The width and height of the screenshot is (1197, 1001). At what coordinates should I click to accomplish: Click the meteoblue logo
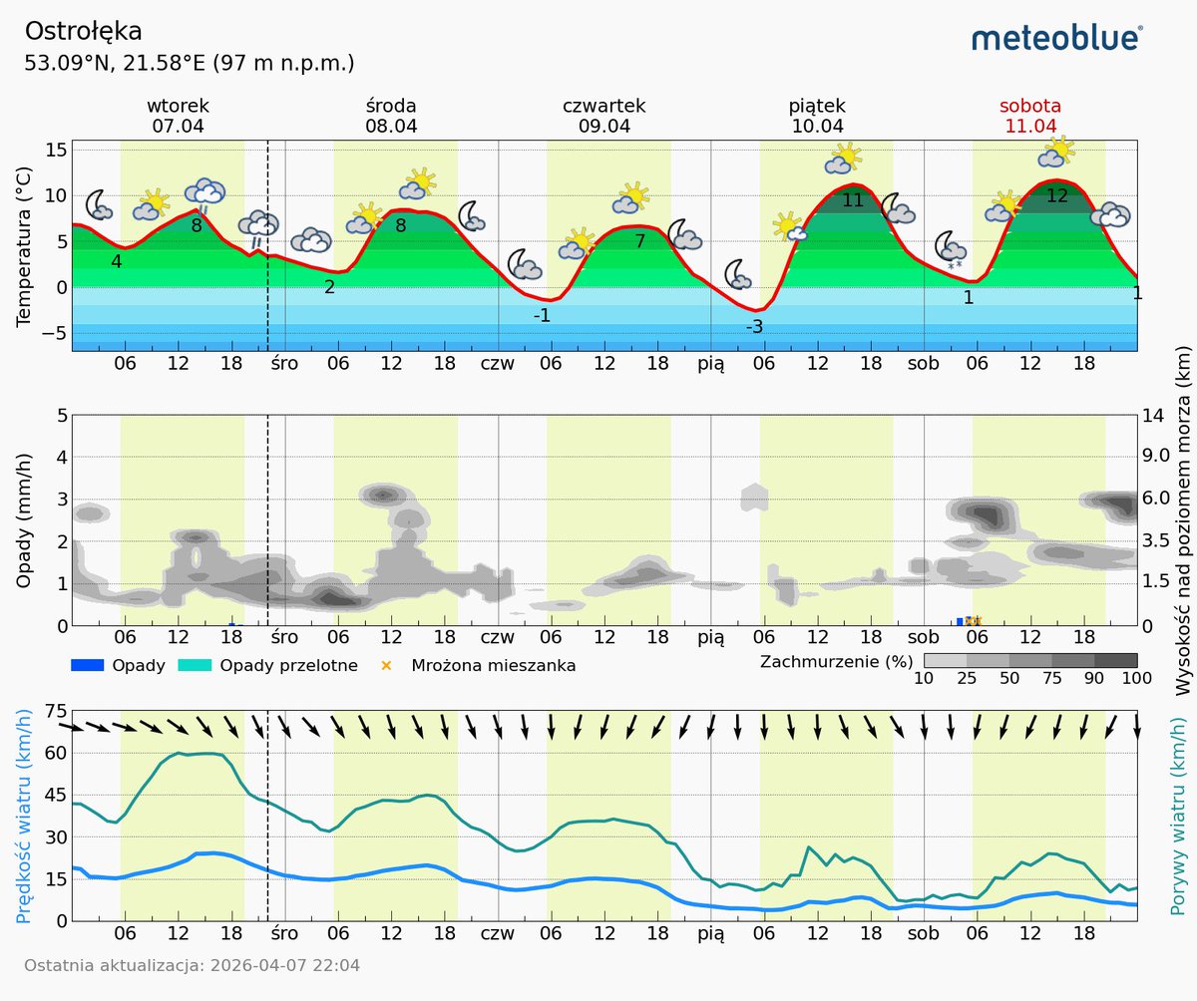1057,38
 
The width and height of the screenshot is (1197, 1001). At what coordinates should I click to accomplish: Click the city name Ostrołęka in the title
84,32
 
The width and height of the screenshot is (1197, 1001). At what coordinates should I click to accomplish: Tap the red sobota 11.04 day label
1030,116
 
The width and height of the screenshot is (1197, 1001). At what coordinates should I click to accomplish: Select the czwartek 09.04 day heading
604,116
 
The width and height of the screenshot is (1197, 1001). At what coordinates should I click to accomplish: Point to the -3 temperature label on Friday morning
754,327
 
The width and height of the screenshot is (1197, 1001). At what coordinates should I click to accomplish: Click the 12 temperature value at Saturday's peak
1056,196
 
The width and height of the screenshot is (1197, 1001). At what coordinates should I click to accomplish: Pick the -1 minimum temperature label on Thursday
542,315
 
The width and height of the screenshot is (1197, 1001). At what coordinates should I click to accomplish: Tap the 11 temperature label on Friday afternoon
853,200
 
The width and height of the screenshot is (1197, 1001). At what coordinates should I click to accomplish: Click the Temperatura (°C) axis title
25,246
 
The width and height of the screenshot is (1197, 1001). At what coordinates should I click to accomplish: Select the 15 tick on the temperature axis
56,149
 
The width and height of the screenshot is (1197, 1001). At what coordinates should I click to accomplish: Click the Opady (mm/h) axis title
25,519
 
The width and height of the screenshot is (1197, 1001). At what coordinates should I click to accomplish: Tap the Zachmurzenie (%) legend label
836,661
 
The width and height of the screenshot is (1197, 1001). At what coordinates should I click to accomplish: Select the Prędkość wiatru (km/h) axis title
25,815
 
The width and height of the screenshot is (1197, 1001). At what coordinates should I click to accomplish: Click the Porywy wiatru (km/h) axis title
1177,815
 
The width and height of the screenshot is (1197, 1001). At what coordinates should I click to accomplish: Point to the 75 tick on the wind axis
56,711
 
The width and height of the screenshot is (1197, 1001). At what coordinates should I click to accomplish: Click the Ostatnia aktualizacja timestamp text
192,965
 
